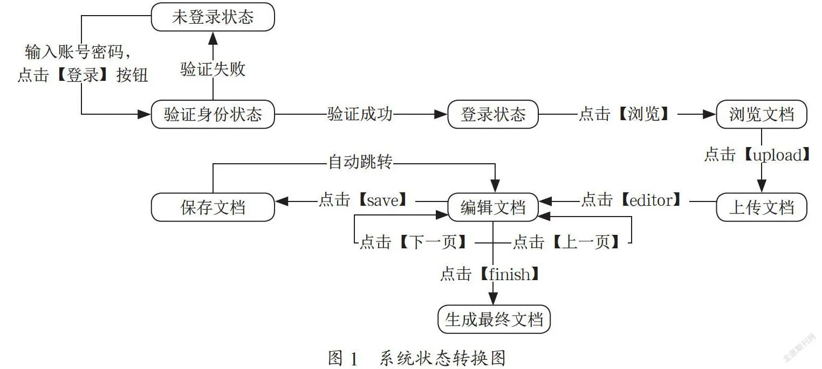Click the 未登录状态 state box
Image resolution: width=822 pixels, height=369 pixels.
pyautogui.click(x=213, y=17)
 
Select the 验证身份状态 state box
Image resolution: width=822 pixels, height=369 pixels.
pyautogui.click(x=213, y=114)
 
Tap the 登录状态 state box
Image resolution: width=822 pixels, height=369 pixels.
pyautogui.click(x=493, y=114)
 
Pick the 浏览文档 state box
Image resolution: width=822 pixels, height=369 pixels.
pyautogui.click(x=762, y=114)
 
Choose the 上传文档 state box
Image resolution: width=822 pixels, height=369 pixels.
pyautogui.click(x=762, y=207)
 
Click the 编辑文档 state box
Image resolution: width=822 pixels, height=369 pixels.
pyautogui.click(x=493, y=207)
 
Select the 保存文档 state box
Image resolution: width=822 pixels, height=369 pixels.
pyautogui.click(x=213, y=207)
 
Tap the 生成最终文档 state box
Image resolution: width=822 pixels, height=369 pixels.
pyautogui.click(x=494, y=319)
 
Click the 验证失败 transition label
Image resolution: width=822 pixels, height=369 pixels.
pyautogui.click(x=213, y=69)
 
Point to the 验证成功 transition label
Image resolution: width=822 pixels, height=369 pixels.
pyautogui.click(x=360, y=114)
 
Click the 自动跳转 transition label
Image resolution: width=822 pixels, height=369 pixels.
pyautogui.click(x=360, y=162)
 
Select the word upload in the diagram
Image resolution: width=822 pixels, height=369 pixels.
pyautogui.click(x=777, y=155)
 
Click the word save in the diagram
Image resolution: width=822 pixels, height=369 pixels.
pyautogui.click(x=383, y=200)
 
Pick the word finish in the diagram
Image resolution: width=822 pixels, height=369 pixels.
pyautogui.click(x=509, y=274)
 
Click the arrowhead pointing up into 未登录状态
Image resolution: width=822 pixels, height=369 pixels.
pyautogui.click(x=213, y=38)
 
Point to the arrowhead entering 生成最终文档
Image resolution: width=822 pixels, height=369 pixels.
pyautogui.click(x=493, y=298)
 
